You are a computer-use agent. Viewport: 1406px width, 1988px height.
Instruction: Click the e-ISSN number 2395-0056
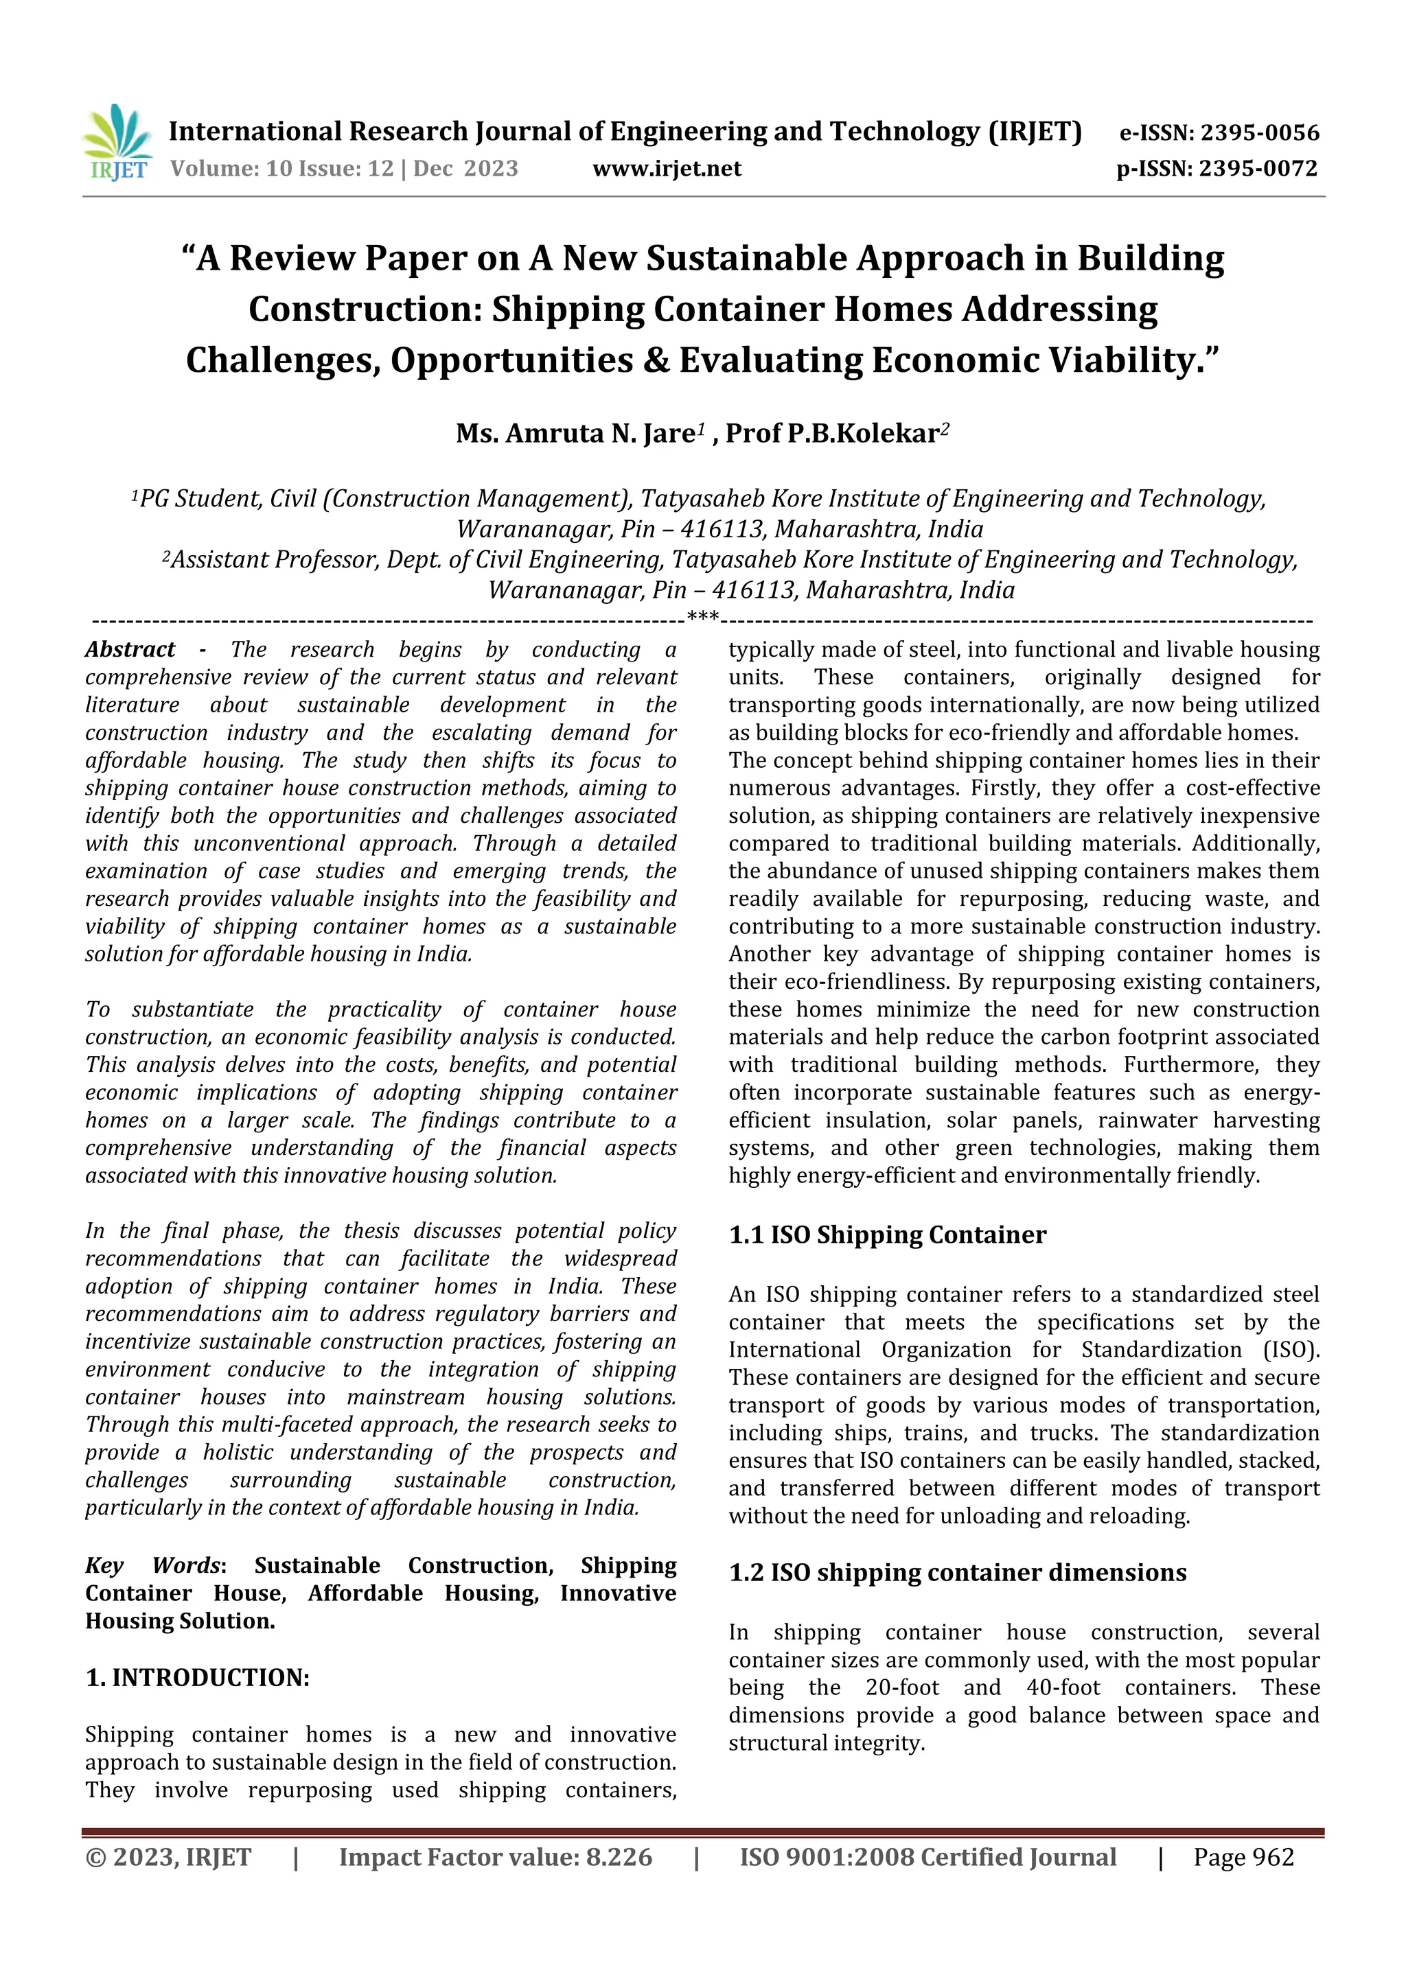coord(1260,133)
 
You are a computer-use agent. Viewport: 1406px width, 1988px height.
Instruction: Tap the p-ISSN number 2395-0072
coord(1258,169)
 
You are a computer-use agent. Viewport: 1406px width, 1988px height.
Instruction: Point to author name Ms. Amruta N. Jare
coord(575,433)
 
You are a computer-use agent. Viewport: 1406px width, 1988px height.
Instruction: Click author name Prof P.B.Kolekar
coord(831,433)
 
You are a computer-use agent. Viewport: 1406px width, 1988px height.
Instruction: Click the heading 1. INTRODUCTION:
coord(198,1677)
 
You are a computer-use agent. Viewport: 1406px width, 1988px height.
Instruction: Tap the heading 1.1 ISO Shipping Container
coord(887,1235)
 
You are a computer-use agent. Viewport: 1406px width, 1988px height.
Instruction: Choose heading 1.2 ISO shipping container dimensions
coord(957,1572)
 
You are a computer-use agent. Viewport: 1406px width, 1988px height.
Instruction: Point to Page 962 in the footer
coord(1243,1857)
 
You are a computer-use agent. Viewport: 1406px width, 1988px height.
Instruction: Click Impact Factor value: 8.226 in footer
coord(496,1857)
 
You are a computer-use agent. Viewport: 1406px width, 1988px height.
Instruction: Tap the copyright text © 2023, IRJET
coord(168,1857)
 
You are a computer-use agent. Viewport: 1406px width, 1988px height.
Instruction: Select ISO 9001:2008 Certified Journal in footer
coord(927,1857)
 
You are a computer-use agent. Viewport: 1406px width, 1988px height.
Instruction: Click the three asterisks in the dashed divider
coord(702,618)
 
